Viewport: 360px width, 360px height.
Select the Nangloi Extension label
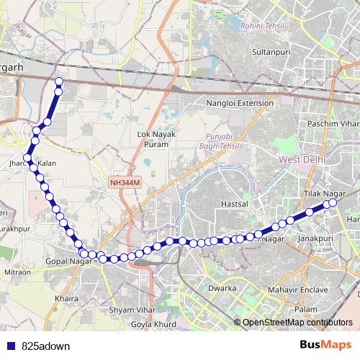coord(240,103)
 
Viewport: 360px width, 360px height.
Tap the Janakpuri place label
coord(315,237)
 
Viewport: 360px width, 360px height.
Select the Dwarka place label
coord(223,288)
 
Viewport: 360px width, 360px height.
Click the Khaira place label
coord(66,297)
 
